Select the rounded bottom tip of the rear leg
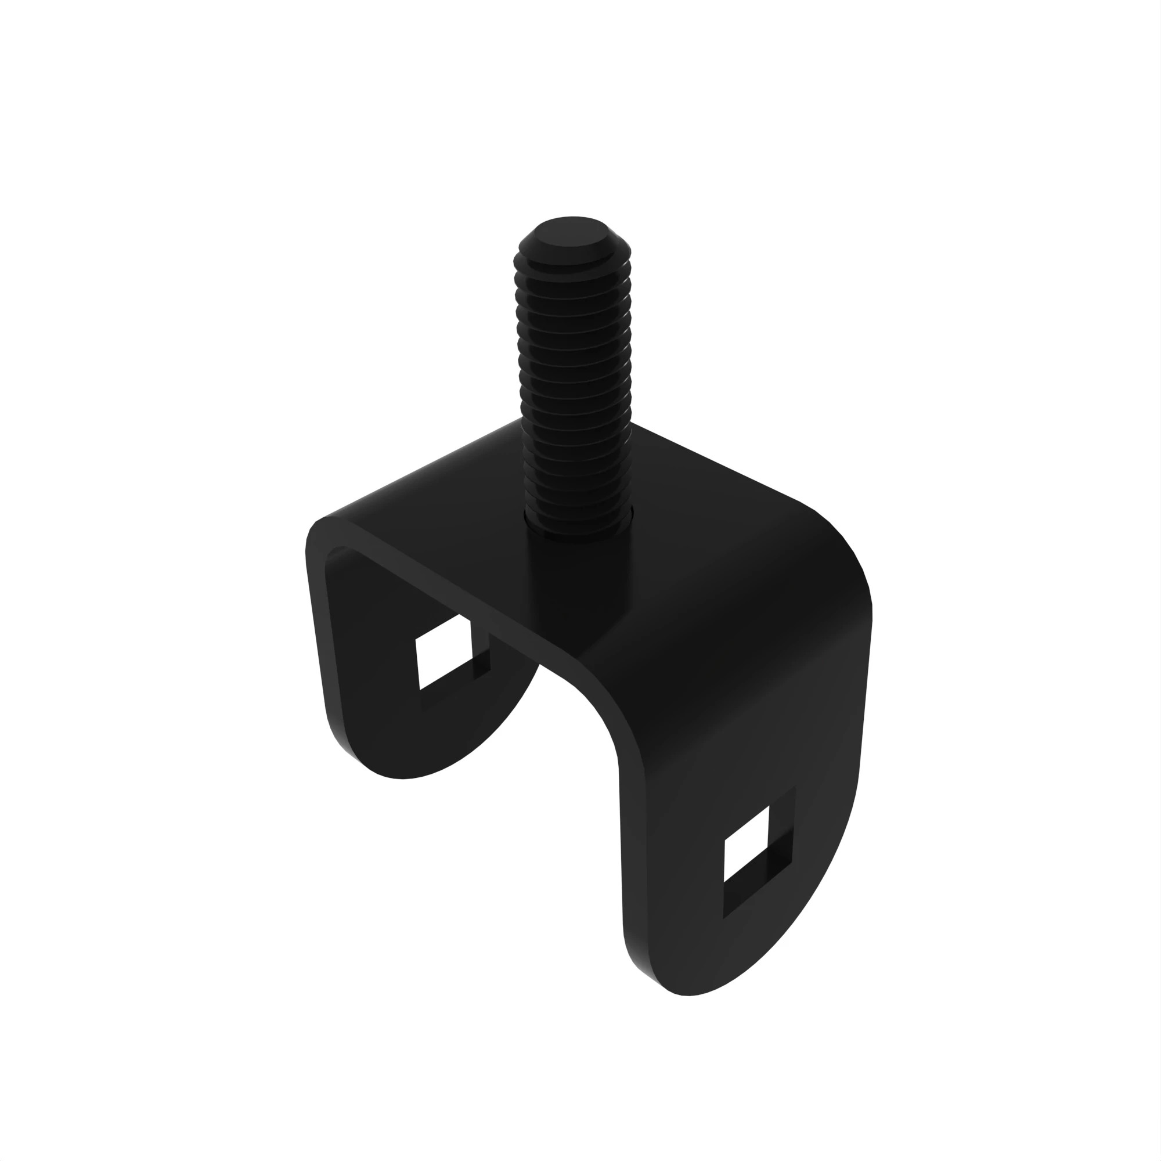click(x=403, y=775)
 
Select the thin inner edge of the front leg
click(x=631, y=841)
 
